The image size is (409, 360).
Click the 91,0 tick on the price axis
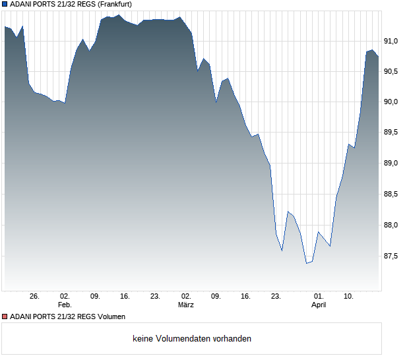(393, 42)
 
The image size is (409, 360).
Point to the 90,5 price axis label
(393, 71)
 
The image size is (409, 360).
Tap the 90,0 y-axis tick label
(393, 102)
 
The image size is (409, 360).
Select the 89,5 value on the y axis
(393, 133)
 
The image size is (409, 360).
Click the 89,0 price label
(393, 164)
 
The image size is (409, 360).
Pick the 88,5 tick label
(393, 195)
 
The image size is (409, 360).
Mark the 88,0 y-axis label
(393, 225)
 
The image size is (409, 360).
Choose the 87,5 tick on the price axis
(393, 256)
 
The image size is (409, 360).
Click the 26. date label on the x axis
(35, 296)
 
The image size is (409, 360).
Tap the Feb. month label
(65, 305)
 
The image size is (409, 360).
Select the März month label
(185, 305)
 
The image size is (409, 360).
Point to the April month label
(319, 305)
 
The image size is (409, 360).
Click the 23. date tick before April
(276, 296)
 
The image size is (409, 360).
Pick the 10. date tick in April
(349, 296)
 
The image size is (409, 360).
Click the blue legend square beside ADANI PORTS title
(5, 4)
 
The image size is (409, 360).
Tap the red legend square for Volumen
(5, 316)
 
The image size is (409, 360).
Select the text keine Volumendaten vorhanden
(192, 339)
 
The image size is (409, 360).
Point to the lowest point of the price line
(306, 263)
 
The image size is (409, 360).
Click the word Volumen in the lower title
(110, 316)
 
